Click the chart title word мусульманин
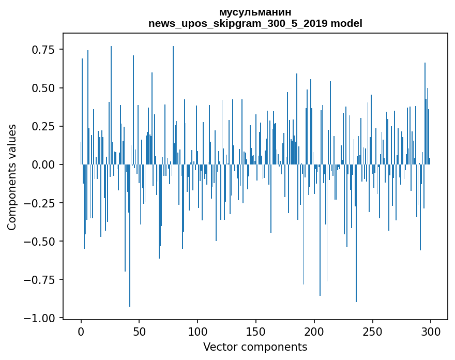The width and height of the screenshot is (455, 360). [x=255, y=12]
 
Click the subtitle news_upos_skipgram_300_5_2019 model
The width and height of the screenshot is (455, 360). [x=255, y=23]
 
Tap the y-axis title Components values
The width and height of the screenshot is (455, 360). [x=12, y=177]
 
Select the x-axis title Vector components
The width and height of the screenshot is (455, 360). [x=255, y=347]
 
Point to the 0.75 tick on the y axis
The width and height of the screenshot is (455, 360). [x=43, y=50]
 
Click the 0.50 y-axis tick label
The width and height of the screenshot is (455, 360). [x=43, y=88]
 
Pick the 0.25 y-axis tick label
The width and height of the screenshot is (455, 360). [x=43, y=126]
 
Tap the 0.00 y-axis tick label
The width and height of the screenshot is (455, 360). [x=43, y=164]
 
